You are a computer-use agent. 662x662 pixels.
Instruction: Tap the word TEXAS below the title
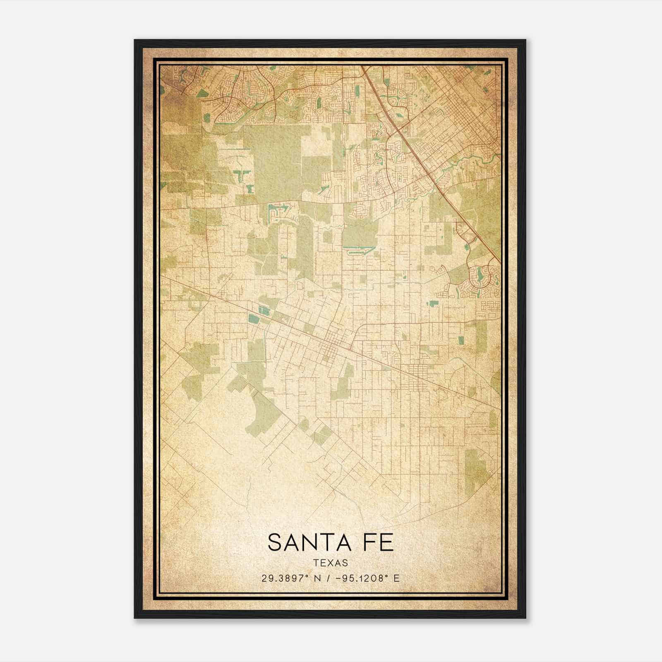331,563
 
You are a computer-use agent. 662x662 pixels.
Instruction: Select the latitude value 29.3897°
285,578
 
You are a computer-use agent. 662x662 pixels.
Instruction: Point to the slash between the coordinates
329,578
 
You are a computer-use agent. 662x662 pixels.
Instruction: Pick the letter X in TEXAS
331,563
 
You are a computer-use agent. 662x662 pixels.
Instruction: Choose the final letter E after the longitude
396,578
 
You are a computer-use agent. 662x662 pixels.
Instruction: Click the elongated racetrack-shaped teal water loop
358,249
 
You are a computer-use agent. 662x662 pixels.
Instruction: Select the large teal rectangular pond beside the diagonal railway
252,318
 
